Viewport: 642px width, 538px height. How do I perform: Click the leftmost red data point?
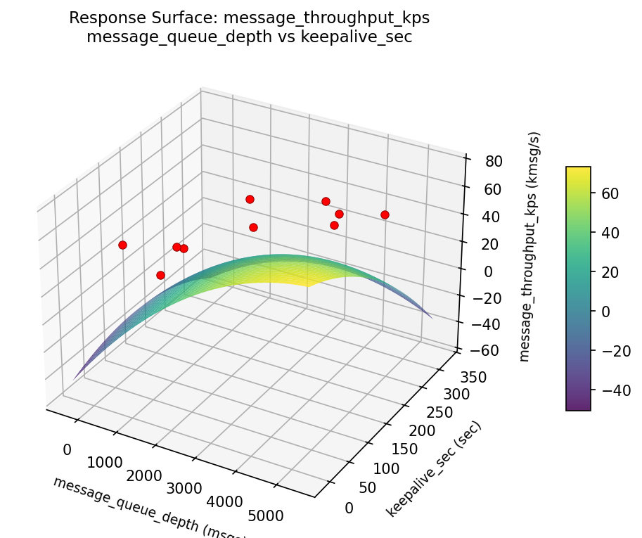pyautogui.click(x=122, y=245)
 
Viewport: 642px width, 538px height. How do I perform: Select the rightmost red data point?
pyautogui.click(x=385, y=214)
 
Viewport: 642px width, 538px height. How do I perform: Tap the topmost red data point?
pyautogui.click(x=250, y=199)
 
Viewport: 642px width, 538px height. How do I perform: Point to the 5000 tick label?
pyautogui.click(x=266, y=516)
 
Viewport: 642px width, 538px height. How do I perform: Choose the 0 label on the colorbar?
pyautogui.click(x=603, y=311)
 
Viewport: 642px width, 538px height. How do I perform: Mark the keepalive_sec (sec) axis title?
pyautogui.click(x=434, y=469)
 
